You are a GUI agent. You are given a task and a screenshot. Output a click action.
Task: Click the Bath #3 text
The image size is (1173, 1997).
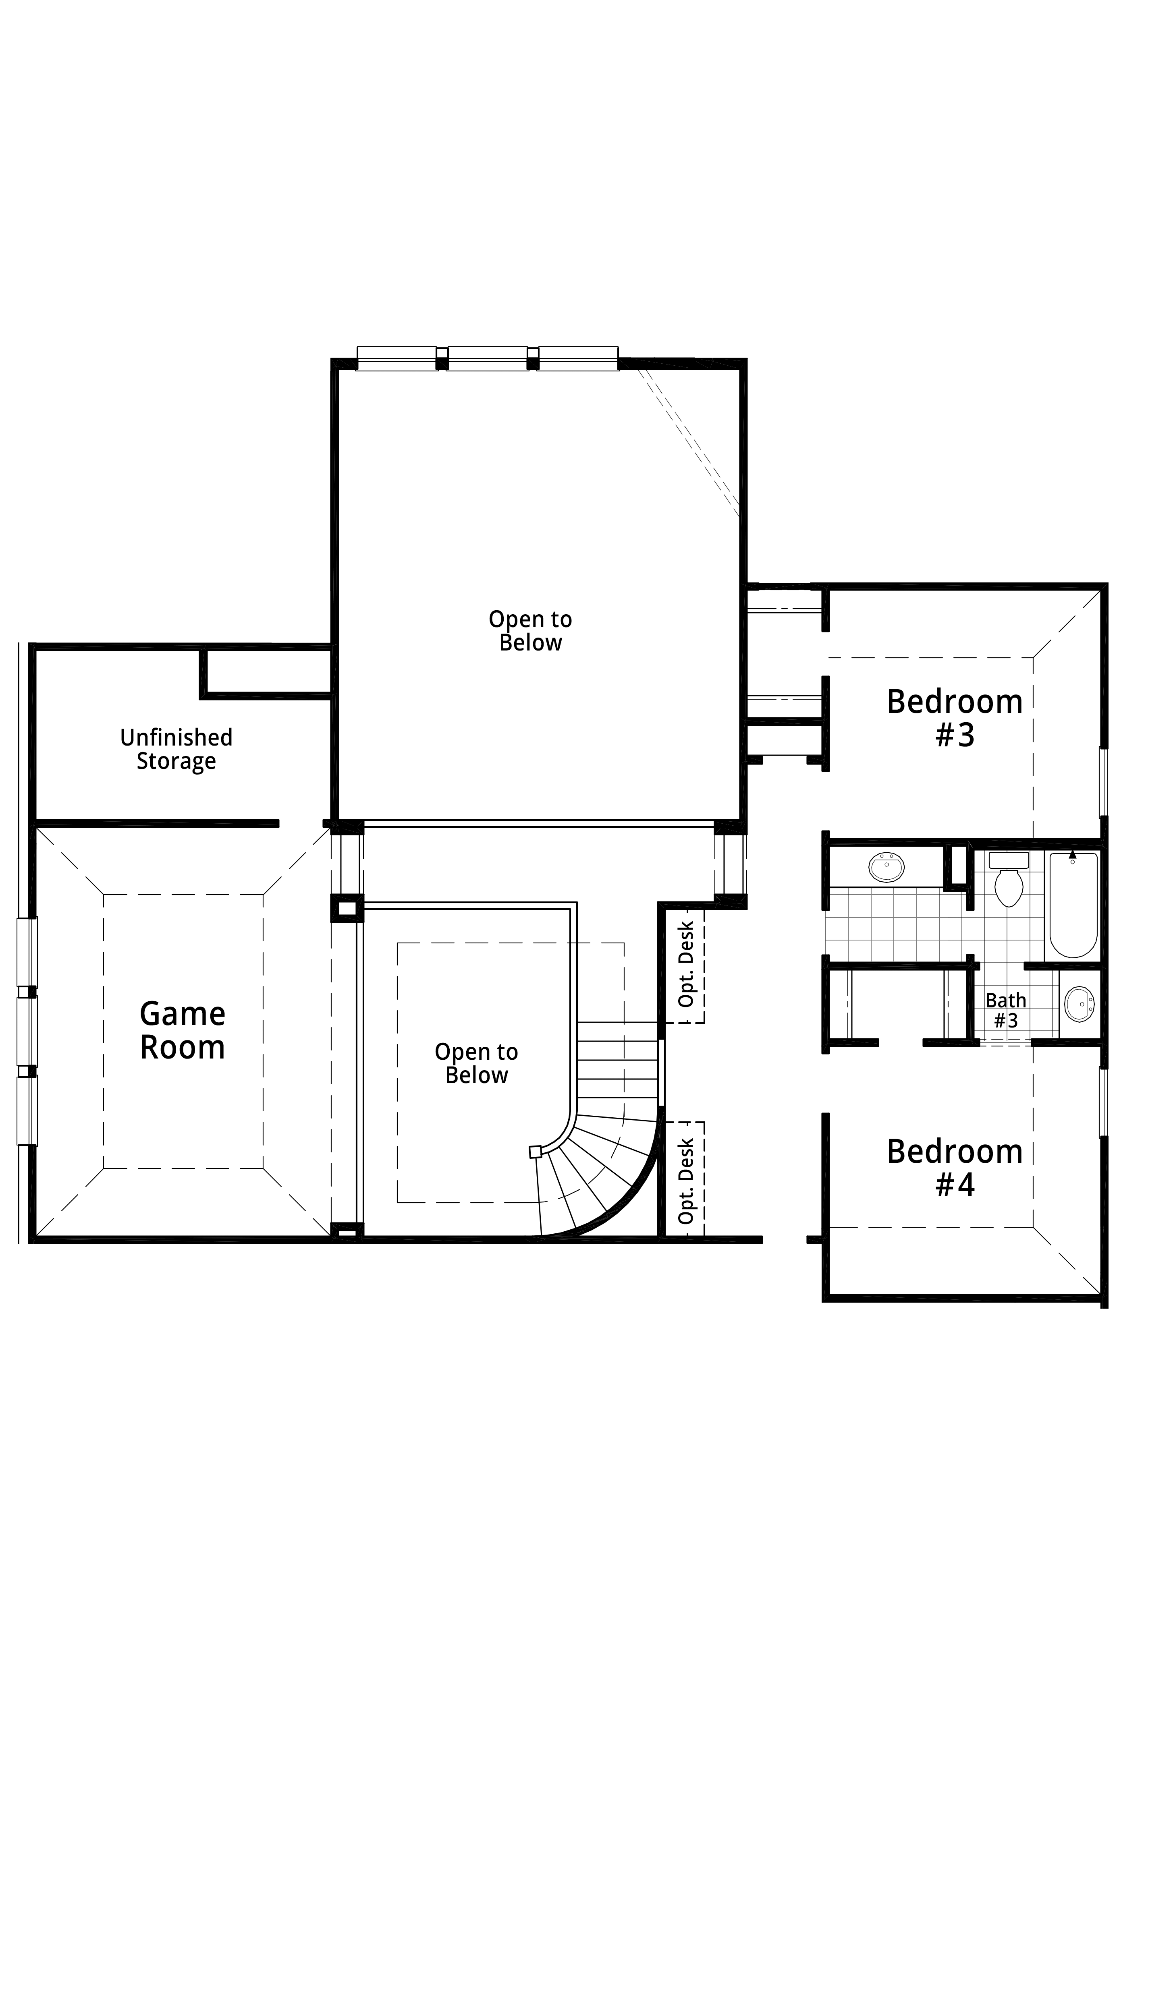(1006, 1011)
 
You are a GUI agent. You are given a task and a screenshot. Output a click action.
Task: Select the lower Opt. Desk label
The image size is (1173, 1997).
(686, 1181)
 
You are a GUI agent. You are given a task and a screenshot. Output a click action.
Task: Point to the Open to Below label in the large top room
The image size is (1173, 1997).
(530, 631)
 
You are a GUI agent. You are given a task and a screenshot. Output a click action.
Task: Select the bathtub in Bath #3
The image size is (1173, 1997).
(1074, 905)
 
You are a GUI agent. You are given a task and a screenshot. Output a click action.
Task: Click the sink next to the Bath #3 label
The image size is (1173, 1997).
(1079, 1004)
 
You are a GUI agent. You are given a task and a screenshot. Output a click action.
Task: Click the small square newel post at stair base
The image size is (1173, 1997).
(535, 1152)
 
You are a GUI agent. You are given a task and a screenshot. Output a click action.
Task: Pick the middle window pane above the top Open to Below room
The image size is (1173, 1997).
(488, 358)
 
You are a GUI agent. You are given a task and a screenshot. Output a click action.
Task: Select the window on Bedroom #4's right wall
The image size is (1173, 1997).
(1102, 1102)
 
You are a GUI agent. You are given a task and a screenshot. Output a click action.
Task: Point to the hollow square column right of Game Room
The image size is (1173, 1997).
(347, 908)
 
